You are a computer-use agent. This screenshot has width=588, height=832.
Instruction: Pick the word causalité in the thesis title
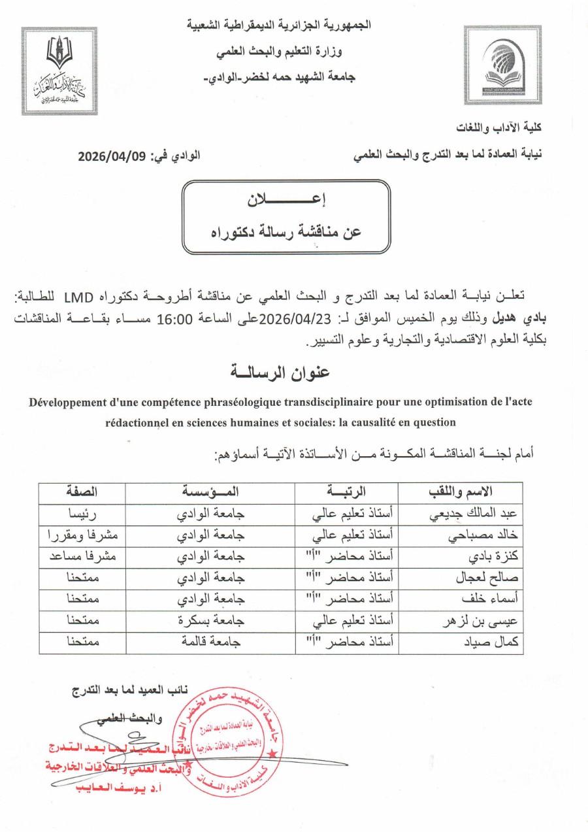[375, 422]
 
